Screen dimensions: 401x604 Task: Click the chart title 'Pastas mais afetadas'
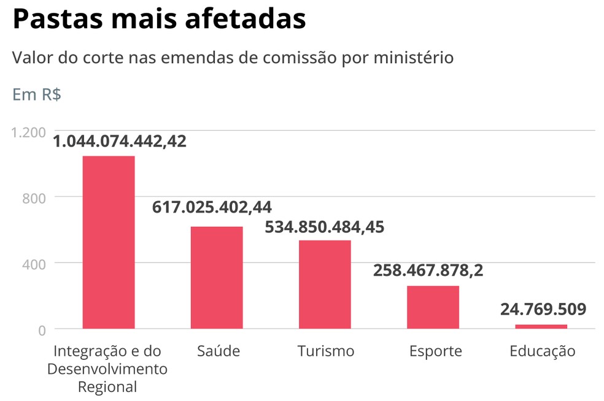(x=159, y=20)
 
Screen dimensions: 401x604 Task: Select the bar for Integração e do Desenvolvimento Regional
(x=109, y=242)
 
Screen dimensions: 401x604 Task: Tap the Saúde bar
(x=217, y=277)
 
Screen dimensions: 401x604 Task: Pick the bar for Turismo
(x=325, y=284)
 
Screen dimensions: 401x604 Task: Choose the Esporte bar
(x=433, y=307)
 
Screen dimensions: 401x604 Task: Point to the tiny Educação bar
(x=541, y=326)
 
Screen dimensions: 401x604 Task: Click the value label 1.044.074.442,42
(x=120, y=142)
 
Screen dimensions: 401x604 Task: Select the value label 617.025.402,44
(x=212, y=207)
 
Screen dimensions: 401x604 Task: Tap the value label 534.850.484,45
(x=324, y=227)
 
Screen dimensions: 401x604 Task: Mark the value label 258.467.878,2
(x=428, y=270)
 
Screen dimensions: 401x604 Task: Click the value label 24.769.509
(x=543, y=308)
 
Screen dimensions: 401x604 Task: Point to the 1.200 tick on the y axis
(x=29, y=132)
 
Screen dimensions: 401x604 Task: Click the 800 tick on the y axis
(x=34, y=198)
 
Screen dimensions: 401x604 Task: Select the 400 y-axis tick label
(x=34, y=264)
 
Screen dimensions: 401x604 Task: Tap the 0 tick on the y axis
(x=42, y=330)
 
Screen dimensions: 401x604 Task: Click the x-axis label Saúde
(x=219, y=351)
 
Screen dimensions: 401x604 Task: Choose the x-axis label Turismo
(x=326, y=351)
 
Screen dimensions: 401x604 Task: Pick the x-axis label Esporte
(x=435, y=351)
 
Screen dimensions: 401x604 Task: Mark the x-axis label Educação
(x=543, y=351)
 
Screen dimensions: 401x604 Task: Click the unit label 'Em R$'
(x=37, y=96)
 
